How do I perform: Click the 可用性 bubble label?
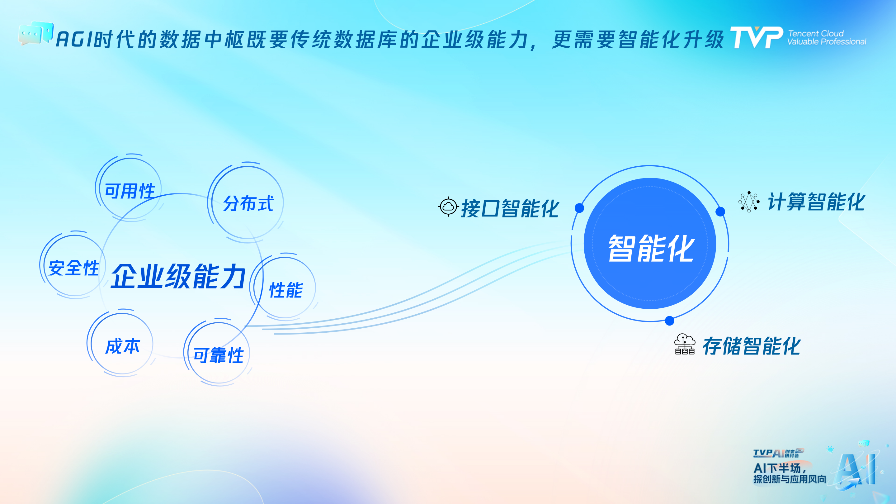[130, 191]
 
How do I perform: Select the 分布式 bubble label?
[248, 203]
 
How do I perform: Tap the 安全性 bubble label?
[74, 268]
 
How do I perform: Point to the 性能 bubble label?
[286, 290]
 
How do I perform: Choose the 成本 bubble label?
[122, 346]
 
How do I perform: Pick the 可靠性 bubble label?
[219, 355]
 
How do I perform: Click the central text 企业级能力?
[178, 276]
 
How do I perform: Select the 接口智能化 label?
[510, 208]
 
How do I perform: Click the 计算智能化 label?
[816, 202]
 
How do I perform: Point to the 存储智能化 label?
[752, 346]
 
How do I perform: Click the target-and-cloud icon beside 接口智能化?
[448, 207]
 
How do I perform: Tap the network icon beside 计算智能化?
[749, 202]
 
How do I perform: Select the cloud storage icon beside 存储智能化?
[685, 344]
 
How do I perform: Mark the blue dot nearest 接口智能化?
[579, 208]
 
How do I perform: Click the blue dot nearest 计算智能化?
[720, 211]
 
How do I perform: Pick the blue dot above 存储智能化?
[670, 321]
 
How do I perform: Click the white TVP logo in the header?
[757, 37]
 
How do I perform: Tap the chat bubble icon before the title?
[36, 33]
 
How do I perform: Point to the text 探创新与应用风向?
[790, 479]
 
